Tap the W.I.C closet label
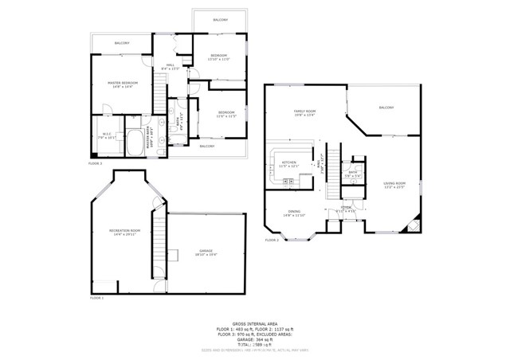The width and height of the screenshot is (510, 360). tap(106, 135)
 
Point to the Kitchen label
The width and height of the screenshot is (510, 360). tap(289, 164)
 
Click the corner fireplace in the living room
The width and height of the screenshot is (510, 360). tap(413, 227)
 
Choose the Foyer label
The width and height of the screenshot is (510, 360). tap(346, 209)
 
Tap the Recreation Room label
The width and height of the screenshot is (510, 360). tap(125, 232)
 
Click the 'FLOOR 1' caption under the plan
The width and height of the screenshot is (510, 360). tap(96, 297)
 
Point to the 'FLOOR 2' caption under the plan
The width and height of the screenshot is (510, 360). tap(272, 239)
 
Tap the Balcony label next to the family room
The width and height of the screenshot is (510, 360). tap(386, 108)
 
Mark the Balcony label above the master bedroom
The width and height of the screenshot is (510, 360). tap(121, 43)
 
